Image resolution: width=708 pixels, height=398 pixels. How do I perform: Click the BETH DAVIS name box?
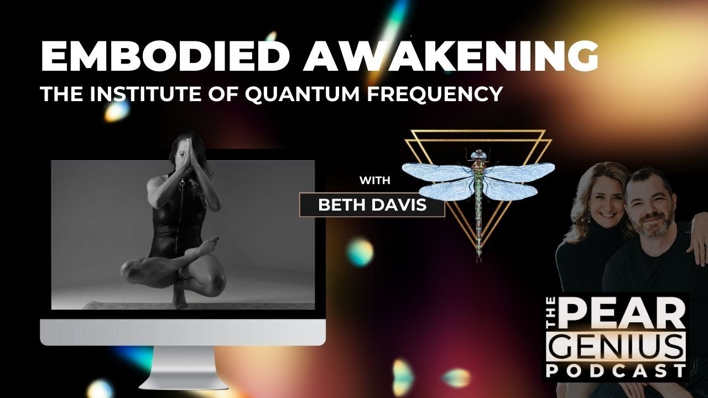[x=372, y=205]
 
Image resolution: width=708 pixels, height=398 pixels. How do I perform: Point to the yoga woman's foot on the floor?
[x=180, y=301]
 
